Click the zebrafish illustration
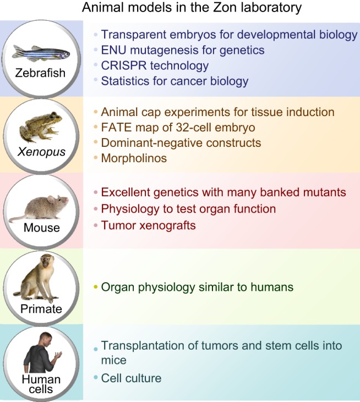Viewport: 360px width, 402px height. [41, 53]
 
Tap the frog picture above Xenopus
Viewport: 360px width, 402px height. [41, 127]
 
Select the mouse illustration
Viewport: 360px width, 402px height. [39, 208]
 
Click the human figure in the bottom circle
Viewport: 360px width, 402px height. [42, 353]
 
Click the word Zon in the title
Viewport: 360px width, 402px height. [222, 7]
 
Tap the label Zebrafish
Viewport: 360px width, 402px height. [40, 73]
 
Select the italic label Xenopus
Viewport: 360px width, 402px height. [41, 152]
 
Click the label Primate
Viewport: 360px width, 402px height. [41, 309]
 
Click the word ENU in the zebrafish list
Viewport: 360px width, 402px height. [114, 50]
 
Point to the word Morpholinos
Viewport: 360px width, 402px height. [134, 158]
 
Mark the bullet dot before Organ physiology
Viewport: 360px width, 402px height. [96, 287]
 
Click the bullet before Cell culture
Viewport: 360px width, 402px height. [96, 377]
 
